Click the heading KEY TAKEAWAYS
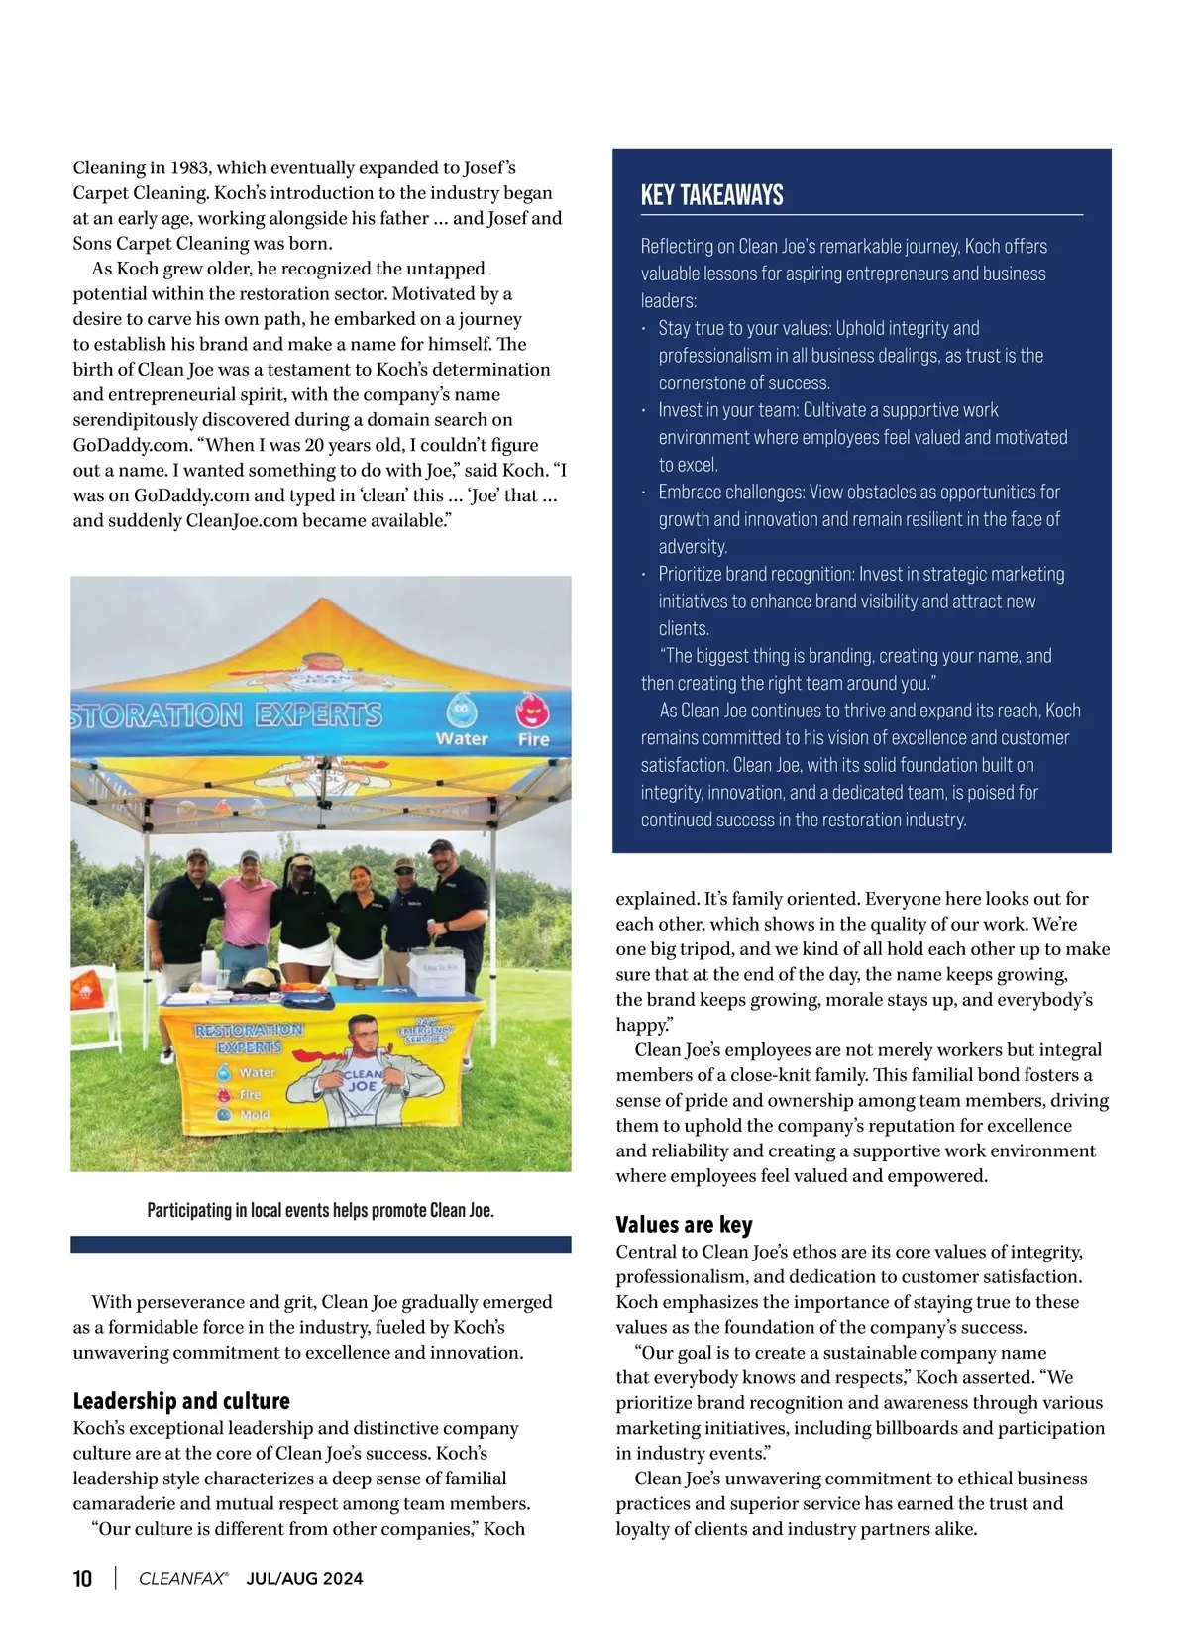711,195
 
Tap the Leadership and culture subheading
181,1400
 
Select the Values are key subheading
684,1224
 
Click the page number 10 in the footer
83,1579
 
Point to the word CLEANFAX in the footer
182,1579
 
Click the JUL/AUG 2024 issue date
304,1579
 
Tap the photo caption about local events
320,1210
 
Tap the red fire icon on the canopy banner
533,712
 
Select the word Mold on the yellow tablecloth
255,1114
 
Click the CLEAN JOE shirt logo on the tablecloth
363,1080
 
